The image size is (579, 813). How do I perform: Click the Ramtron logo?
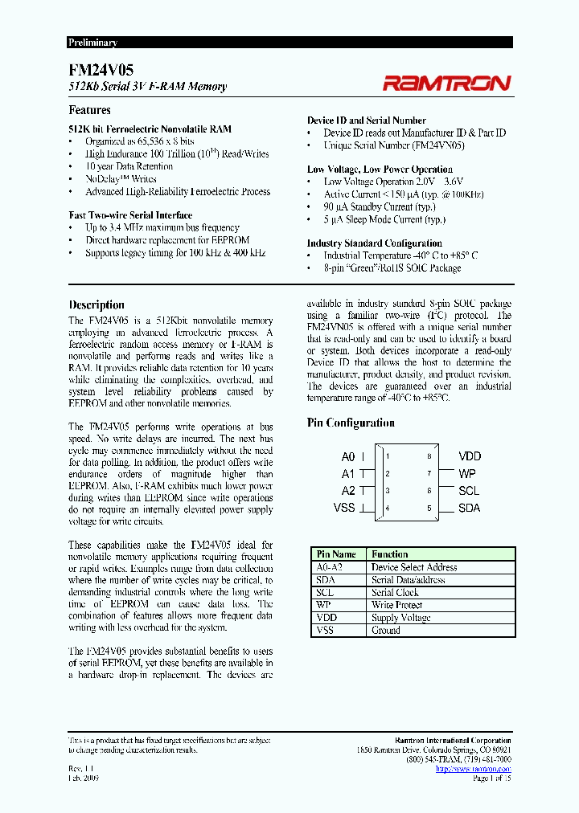click(x=446, y=82)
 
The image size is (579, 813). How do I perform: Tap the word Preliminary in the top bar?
click(x=92, y=43)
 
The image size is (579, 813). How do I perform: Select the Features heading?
click(x=89, y=111)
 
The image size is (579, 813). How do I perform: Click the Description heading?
click(x=96, y=305)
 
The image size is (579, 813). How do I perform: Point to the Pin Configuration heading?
click(x=351, y=423)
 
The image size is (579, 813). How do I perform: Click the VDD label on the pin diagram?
click(x=470, y=456)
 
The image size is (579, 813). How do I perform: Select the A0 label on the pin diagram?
click(x=348, y=457)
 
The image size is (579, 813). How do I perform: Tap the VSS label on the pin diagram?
click(x=344, y=508)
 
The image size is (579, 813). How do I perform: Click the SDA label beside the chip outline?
click(x=470, y=508)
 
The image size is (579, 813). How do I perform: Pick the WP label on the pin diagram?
click(x=466, y=474)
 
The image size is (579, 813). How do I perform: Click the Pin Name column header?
click(x=336, y=554)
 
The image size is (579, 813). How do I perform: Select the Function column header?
click(x=390, y=554)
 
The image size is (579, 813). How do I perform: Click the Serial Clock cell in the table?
click(x=395, y=593)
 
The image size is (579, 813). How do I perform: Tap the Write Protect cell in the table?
click(x=396, y=606)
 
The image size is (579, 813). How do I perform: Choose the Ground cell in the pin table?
click(x=386, y=631)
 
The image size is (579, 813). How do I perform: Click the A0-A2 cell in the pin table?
click(x=331, y=567)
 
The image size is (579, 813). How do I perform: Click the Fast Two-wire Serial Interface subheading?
click(x=130, y=215)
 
